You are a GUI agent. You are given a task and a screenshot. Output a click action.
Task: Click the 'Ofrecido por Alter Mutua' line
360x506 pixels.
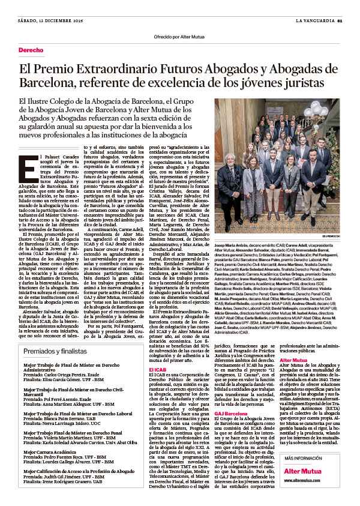coord(180,36)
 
